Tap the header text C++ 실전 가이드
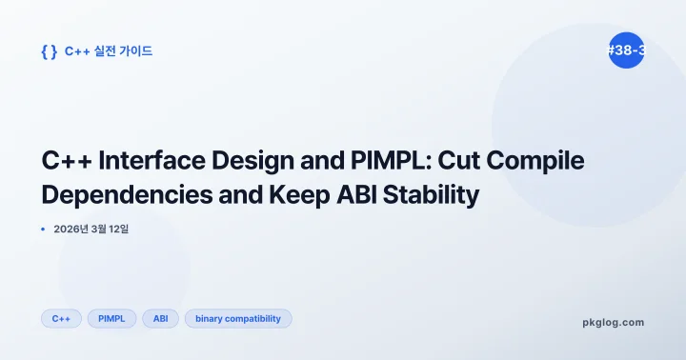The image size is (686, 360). pyautogui.click(x=109, y=51)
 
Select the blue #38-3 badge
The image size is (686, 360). pyautogui.click(x=626, y=50)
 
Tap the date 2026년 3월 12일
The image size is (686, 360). pyautogui.click(x=91, y=229)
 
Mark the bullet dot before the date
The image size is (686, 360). pyautogui.click(x=44, y=229)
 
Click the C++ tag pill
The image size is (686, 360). pyautogui.click(x=61, y=319)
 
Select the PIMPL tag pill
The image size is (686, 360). pyautogui.click(x=112, y=319)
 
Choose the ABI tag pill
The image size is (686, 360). pyautogui.click(x=160, y=319)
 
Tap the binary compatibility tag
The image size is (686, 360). pyautogui.click(x=238, y=319)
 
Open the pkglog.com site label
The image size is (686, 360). pyautogui.click(x=613, y=322)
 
